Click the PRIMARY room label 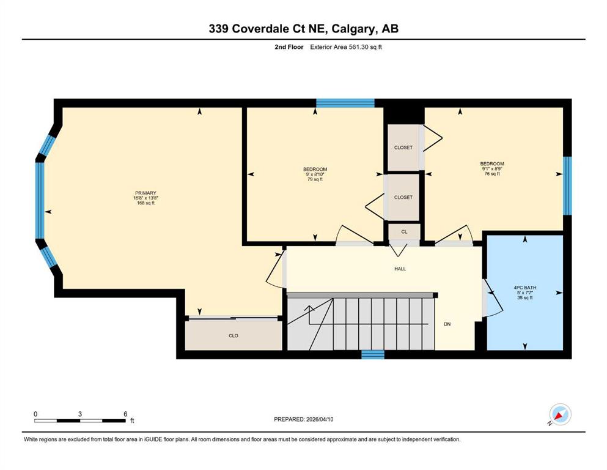pos(145,193)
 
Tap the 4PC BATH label pos(525,288)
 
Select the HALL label pos(400,269)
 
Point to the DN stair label pos(447,324)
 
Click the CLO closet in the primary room pos(234,335)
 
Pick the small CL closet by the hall pos(404,232)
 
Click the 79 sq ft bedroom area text pos(315,179)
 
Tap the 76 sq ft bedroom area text pos(492,174)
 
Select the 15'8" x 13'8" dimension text pos(145,198)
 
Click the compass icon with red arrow pos(560,414)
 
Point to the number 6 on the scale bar pos(125,414)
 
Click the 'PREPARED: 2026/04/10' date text pos(303,419)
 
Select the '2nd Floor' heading pos(289,47)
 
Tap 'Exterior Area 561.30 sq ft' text pos(346,47)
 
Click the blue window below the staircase pos(373,354)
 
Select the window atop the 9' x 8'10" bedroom pos(345,103)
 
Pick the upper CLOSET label pos(403,147)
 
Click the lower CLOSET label pos(403,197)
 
